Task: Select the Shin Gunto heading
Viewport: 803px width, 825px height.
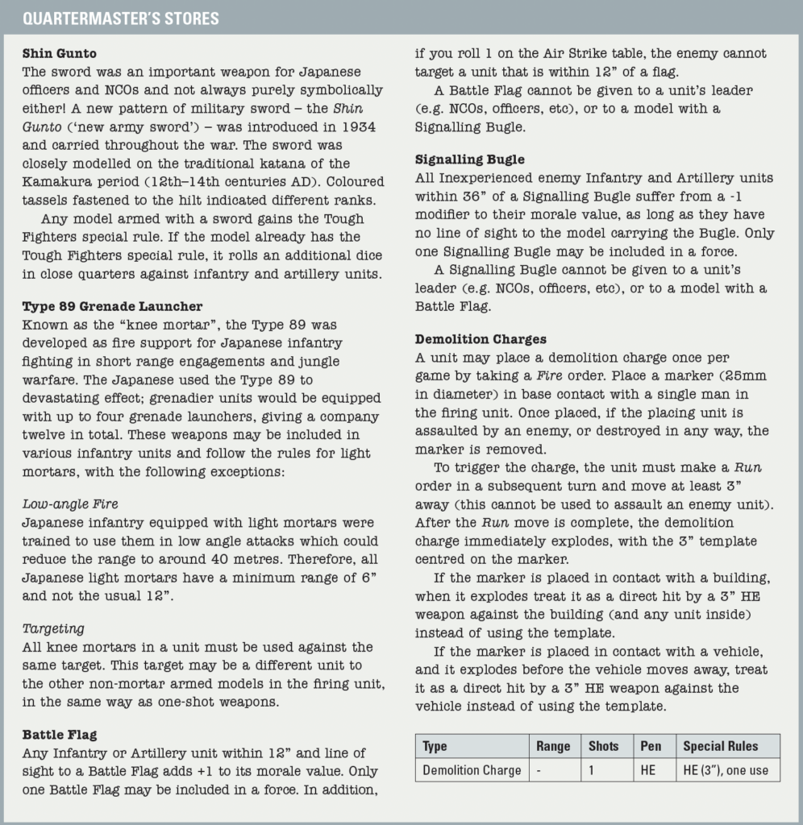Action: click(59, 54)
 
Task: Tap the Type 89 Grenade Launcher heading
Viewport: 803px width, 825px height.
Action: click(112, 306)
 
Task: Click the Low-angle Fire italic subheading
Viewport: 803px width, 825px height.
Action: click(70, 504)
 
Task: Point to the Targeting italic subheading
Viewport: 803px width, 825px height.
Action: click(53, 628)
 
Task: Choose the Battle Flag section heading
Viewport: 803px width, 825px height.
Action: click(59, 735)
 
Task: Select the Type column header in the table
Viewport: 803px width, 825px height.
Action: click(435, 746)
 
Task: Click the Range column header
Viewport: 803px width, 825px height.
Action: click(553, 746)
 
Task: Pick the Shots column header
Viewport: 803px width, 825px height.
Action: click(604, 746)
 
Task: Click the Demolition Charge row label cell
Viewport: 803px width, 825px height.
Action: click(472, 770)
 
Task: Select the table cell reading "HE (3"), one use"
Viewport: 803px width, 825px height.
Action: click(726, 770)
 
